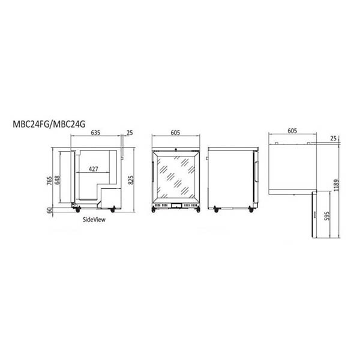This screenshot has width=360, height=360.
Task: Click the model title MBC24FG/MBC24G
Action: (x=49, y=124)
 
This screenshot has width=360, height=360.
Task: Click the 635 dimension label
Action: (x=95, y=133)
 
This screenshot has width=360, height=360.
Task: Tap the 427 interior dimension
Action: (x=94, y=169)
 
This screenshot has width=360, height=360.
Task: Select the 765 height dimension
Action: (x=49, y=181)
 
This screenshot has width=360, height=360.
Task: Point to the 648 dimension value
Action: (x=57, y=180)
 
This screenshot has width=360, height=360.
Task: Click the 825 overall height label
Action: (x=131, y=180)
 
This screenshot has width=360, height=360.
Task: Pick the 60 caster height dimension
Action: (x=49, y=211)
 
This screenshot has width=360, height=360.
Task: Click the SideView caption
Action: (x=94, y=220)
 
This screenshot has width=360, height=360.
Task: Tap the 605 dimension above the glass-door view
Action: (x=175, y=133)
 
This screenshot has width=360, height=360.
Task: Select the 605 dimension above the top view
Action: (x=292, y=131)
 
